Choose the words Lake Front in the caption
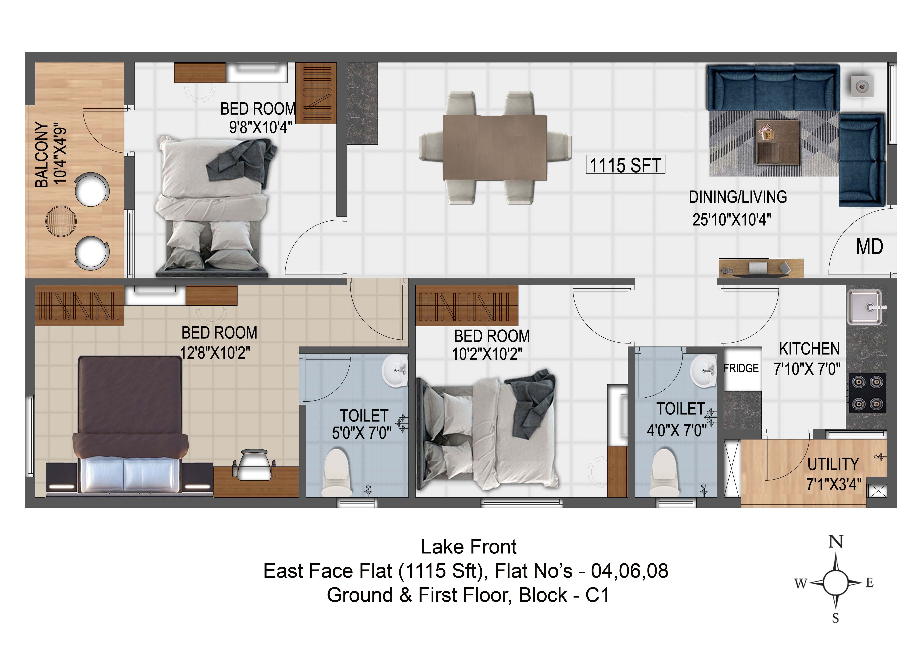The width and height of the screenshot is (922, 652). (469, 547)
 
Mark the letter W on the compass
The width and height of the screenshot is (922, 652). (801, 583)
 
